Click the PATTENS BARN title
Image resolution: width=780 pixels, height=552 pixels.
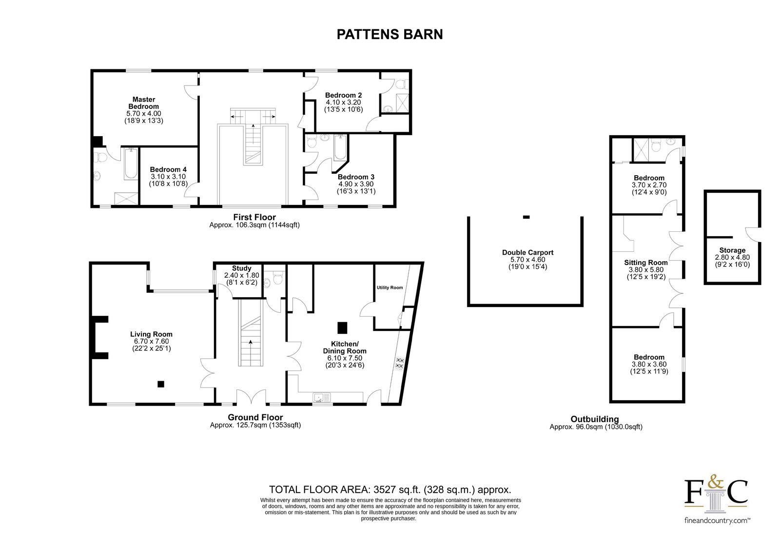click(x=390, y=34)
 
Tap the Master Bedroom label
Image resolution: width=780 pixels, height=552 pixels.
click(x=143, y=103)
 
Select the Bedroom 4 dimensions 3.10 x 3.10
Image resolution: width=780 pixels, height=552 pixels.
click(x=168, y=177)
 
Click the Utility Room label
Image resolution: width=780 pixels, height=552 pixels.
click(x=390, y=287)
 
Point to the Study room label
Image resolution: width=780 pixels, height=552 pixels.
click(x=242, y=268)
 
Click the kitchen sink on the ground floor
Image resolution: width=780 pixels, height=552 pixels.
click(x=322, y=397)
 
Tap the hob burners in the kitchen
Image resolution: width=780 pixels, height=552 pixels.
click(x=400, y=363)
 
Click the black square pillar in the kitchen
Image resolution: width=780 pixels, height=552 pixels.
click(x=342, y=328)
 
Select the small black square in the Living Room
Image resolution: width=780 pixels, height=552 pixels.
click(x=161, y=384)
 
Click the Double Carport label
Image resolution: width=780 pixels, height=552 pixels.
click(x=527, y=252)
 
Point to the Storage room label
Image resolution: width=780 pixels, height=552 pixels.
click(x=732, y=250)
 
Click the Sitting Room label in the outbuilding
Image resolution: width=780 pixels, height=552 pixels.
click(x=646, y=263)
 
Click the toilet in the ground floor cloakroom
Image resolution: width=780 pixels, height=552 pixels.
click(x=278, y=278)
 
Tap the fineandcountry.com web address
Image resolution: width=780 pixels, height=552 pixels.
click(x=717, y=521)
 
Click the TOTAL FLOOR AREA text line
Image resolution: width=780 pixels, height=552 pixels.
click(x=390, y=490)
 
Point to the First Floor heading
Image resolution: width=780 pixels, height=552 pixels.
click(x=254, y=217)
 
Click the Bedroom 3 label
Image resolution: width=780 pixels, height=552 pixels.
click(x=356, y=177)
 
